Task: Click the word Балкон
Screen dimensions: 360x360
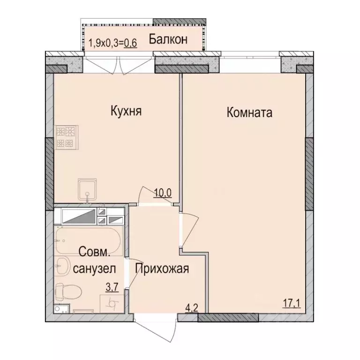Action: tap(169, 40)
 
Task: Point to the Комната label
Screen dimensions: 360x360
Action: tap(249, 112)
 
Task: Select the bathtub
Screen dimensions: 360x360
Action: tap(89, 240)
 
